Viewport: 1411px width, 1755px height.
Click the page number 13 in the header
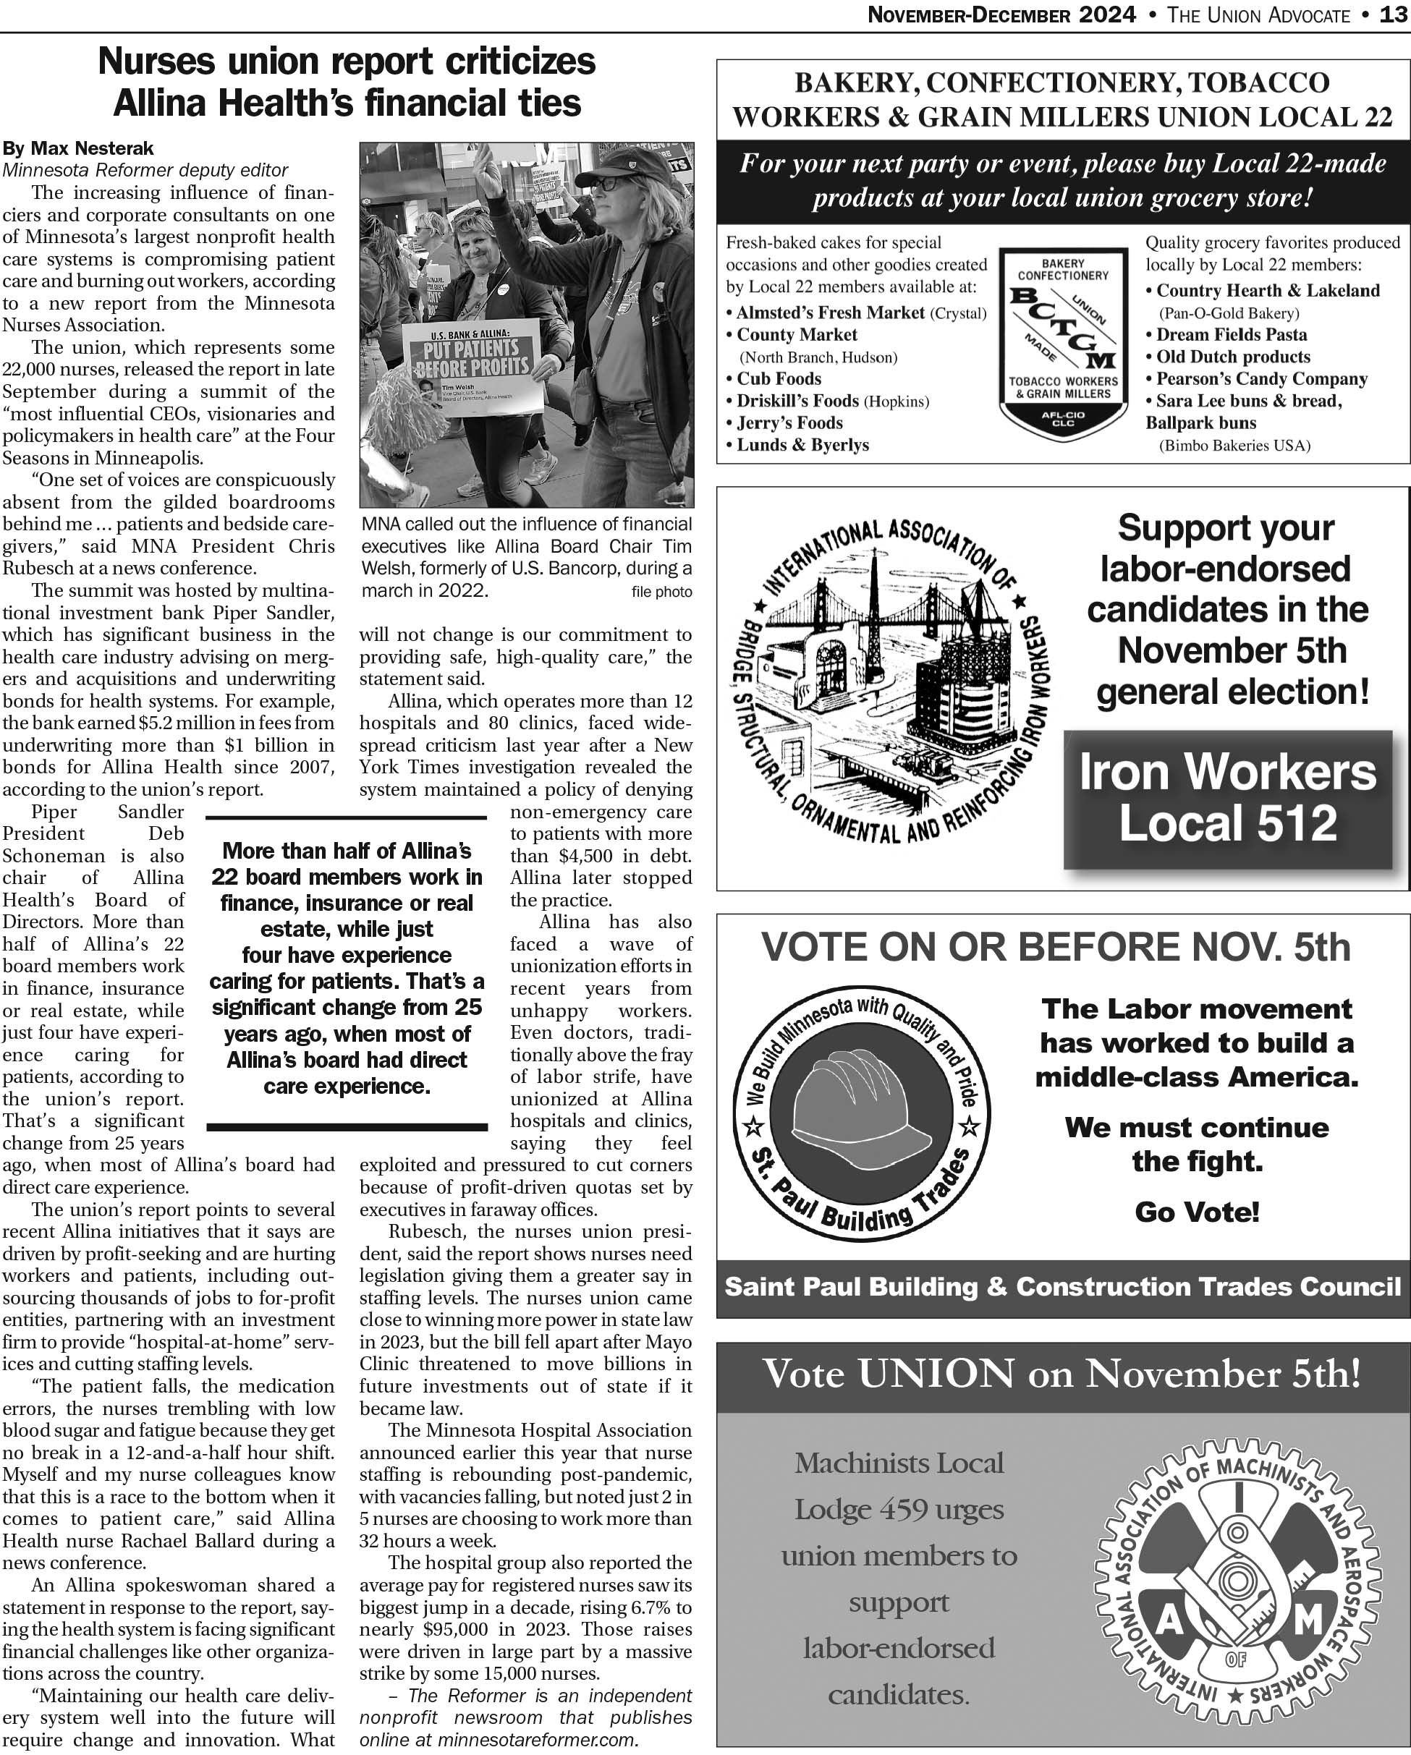pos(1394,14)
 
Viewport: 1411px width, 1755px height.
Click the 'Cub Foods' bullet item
pos(779,378)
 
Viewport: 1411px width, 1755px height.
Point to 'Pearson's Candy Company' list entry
pos(1261,378)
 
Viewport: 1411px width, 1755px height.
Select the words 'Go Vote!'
pos(1196,1212)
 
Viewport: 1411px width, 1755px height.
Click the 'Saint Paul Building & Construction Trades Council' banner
pos(1062,1286)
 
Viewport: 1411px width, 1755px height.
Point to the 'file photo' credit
pos(661,592)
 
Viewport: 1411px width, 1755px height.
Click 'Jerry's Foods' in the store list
pos(789,422)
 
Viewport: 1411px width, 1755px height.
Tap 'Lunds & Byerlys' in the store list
pos(802,444)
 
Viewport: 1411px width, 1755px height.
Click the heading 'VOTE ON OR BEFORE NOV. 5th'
pos(1055,947)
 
